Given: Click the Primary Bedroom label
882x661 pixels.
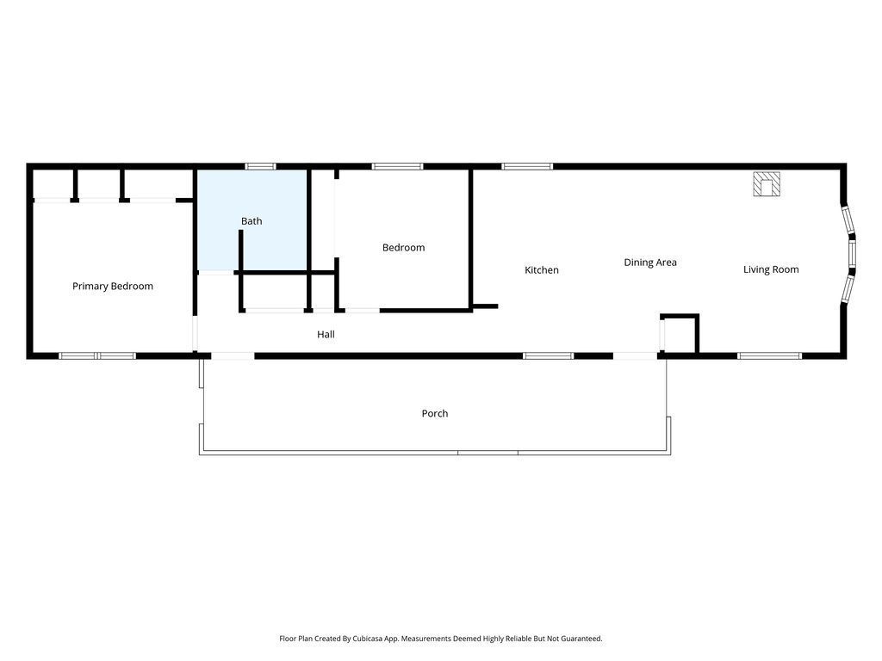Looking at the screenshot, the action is point(113,286).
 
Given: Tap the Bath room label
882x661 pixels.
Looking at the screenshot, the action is point(252,221).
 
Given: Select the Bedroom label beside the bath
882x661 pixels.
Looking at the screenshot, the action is point(403,247).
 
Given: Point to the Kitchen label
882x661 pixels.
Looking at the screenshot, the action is point(542,269).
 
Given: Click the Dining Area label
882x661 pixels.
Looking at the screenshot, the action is point(650,263).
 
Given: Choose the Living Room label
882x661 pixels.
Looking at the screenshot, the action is point(771,269).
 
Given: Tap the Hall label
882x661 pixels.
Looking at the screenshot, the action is point(326,335).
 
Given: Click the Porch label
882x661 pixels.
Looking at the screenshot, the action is point(435,413).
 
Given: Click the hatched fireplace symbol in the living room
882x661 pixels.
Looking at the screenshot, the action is point(767,184).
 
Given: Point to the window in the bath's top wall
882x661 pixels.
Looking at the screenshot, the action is point(261,166).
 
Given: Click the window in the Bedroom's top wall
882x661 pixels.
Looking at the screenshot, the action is point(397,166).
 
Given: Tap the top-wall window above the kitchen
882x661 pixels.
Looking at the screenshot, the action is point(527,166).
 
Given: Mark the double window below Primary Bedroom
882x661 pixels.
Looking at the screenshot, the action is point(97,355).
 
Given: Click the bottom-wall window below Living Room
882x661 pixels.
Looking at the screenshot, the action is point(769,355).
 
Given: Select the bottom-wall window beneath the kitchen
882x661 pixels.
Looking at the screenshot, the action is point(548,355).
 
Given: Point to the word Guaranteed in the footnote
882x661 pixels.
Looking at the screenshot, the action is point(581,639).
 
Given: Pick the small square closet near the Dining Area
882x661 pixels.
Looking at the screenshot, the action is point(680,334).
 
